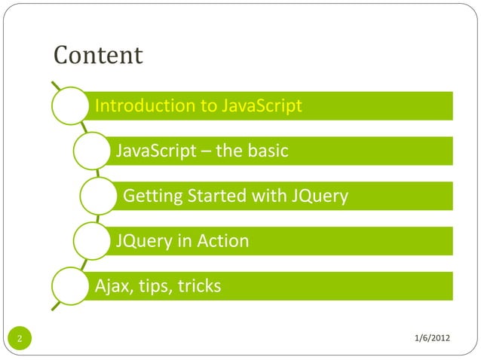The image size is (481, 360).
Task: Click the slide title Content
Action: point(98,56)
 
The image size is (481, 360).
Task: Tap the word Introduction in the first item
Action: point(144,105)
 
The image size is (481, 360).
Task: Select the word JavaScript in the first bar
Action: point(261,105)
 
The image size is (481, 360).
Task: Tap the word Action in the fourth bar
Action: point(222,242)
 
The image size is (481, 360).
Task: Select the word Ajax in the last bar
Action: point(109,287)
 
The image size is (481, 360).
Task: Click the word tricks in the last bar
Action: point(198,287)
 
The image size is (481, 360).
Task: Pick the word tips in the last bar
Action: point(152,287)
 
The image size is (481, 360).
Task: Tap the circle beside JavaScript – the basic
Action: point(92,151)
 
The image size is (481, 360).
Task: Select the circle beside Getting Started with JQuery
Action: point(100,197)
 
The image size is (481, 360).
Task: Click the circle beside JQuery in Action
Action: point(92,242)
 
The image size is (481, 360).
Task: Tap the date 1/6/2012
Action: point(432,335)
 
